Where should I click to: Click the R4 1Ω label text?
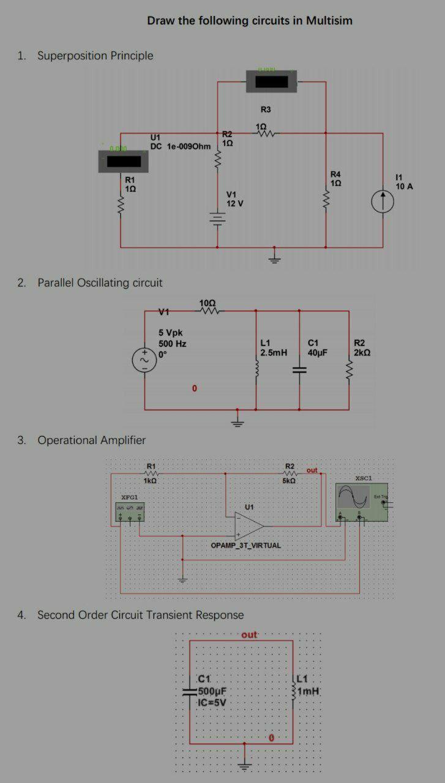pyautogui.click(x=335, y=179)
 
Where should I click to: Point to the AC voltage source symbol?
pyautogui.click(x=144, y=360)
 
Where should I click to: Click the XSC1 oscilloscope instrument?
pyautogui.click(x=362, y=502)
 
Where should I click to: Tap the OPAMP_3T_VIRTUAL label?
pyautogui.click(x=245, y=544)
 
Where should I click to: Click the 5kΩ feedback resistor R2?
pyautogui.click(x=290, y=473)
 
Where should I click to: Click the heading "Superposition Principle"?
pyautogui.click(x=95, y=56)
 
